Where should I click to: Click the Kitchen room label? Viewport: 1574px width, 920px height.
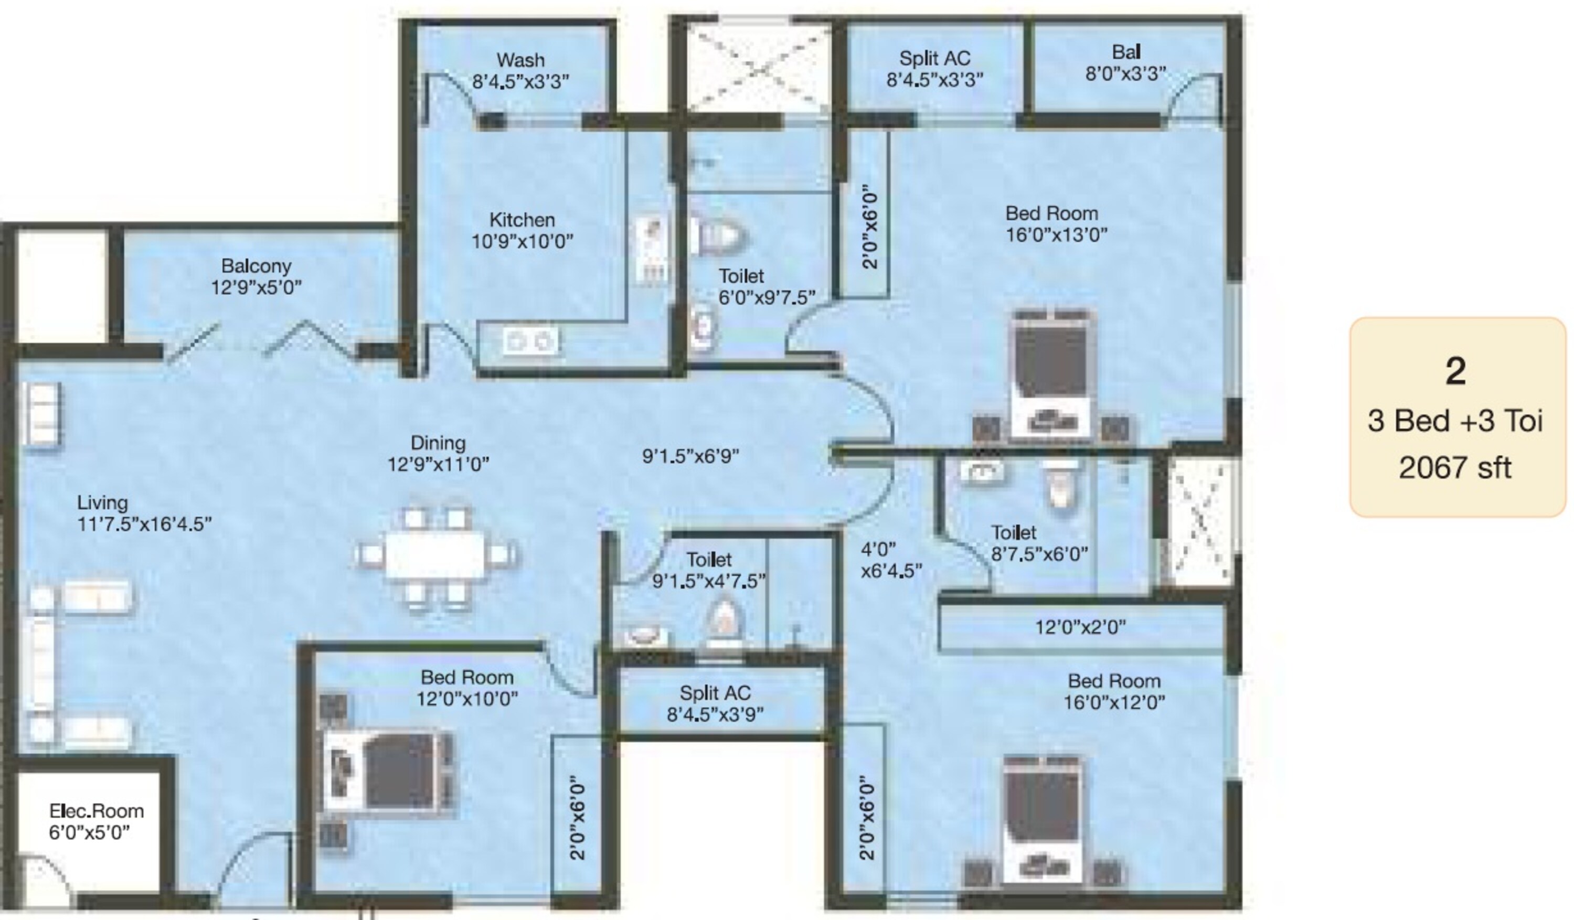[x=522, y=220]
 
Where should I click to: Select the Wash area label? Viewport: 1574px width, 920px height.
[x=520, y=61]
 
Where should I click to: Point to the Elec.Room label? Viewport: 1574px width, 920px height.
[x=96, y=811]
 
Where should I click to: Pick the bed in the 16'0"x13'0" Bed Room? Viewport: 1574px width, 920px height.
[x=1053, y=374]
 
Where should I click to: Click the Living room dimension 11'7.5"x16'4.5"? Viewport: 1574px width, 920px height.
[x=144, y=524]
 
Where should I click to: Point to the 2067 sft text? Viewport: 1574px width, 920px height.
[x=1455, y=467]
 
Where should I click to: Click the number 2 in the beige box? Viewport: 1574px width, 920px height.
[x=1455, y=372]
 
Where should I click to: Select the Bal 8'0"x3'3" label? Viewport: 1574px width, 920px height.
[x=1125, y=62]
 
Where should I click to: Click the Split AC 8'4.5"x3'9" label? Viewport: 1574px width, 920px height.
[x=715, y=703]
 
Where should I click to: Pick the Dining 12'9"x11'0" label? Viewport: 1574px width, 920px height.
[x=438, y=453]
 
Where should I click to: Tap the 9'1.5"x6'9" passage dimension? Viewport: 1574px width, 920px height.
[x=690, y=456]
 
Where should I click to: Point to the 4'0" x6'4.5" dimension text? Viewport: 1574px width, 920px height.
[x=891, y=560]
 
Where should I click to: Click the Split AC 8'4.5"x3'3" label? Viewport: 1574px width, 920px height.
[x=934, y=69]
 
